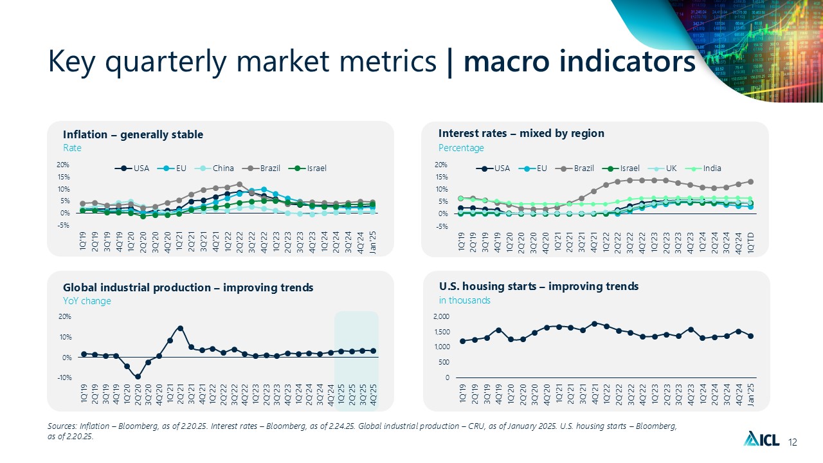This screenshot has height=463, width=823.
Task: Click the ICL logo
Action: pyautogui.click(x=762, y=440)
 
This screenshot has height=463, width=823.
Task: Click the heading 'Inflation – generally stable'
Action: pyautogui.click(x=133, y=134)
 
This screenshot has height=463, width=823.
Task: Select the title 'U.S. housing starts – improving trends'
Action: pyautogui.click(x=539, y=286)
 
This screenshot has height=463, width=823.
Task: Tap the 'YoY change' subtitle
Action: pyautogui.click(x=87, y=301)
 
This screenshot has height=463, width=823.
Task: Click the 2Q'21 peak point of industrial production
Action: pyautogui.click(x=181, y=328)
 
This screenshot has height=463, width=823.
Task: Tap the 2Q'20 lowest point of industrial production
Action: pyautogui.click(x=138, y=377)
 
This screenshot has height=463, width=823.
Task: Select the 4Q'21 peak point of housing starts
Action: pyautogui.click(x=595, y=323)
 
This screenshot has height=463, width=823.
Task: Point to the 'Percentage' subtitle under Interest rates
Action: pyautogui.click(x=461, y=148)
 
